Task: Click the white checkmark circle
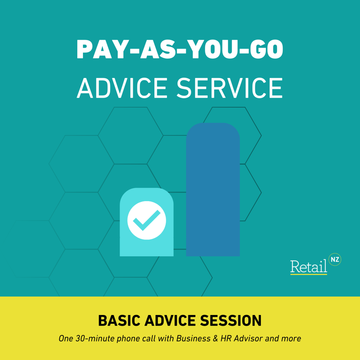click(x=147, y=220)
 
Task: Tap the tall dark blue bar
click(x=213, y=190)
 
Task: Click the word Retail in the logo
click(x=308, y=266)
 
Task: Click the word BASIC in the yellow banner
click(x=117, y=321)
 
